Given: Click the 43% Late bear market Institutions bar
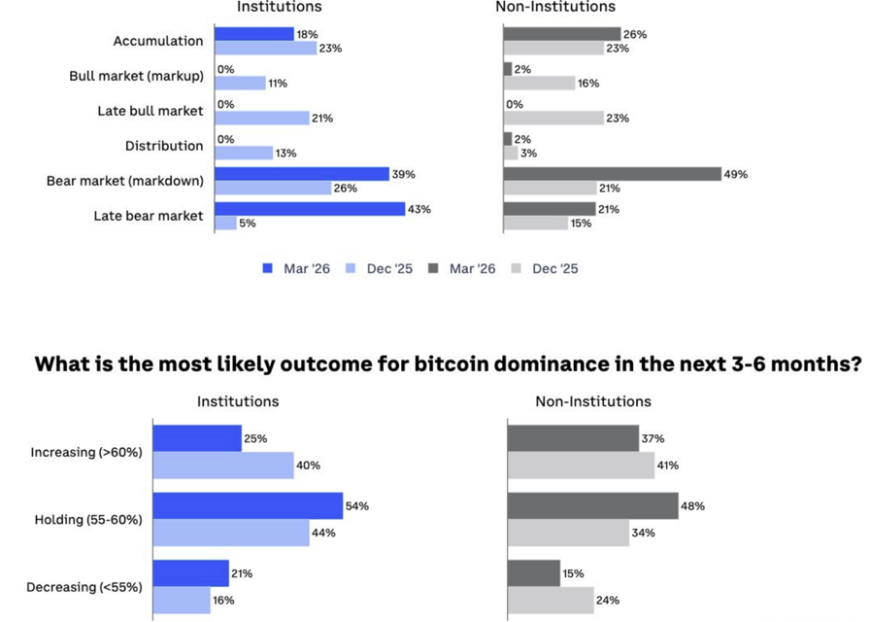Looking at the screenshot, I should (x=309, y=209).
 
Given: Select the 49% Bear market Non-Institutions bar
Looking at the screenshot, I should (x=612, y=174).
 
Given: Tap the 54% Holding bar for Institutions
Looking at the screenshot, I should (x=247, y=506).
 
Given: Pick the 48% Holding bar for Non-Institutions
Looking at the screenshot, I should (x=592, y=506).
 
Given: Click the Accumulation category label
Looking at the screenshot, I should (x=158, y=41).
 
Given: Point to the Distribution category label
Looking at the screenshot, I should (x=164, y=146).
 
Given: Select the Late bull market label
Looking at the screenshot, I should (x=151, y=111).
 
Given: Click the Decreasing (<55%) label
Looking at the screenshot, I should (x=86, y=586).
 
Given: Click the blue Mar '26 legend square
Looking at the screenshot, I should (x=268, y=268).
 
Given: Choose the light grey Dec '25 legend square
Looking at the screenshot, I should (x=517, y=268).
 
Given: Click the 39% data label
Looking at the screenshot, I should (x=404, y=174).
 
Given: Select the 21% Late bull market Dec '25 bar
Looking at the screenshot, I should (x=261, y=118).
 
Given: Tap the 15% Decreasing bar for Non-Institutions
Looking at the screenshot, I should (x=533, y=572).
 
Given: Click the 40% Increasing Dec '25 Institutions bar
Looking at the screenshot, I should (x=222, y=466).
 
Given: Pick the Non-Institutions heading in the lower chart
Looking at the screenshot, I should (x=593, y=400).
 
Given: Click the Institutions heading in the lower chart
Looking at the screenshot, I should (x=238, y=400).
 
